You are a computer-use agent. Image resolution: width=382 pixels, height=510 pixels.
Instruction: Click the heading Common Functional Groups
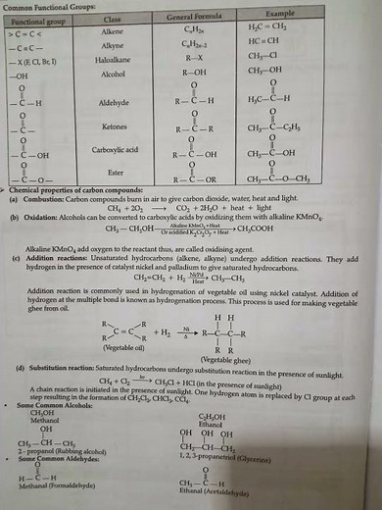click(54, 7)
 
